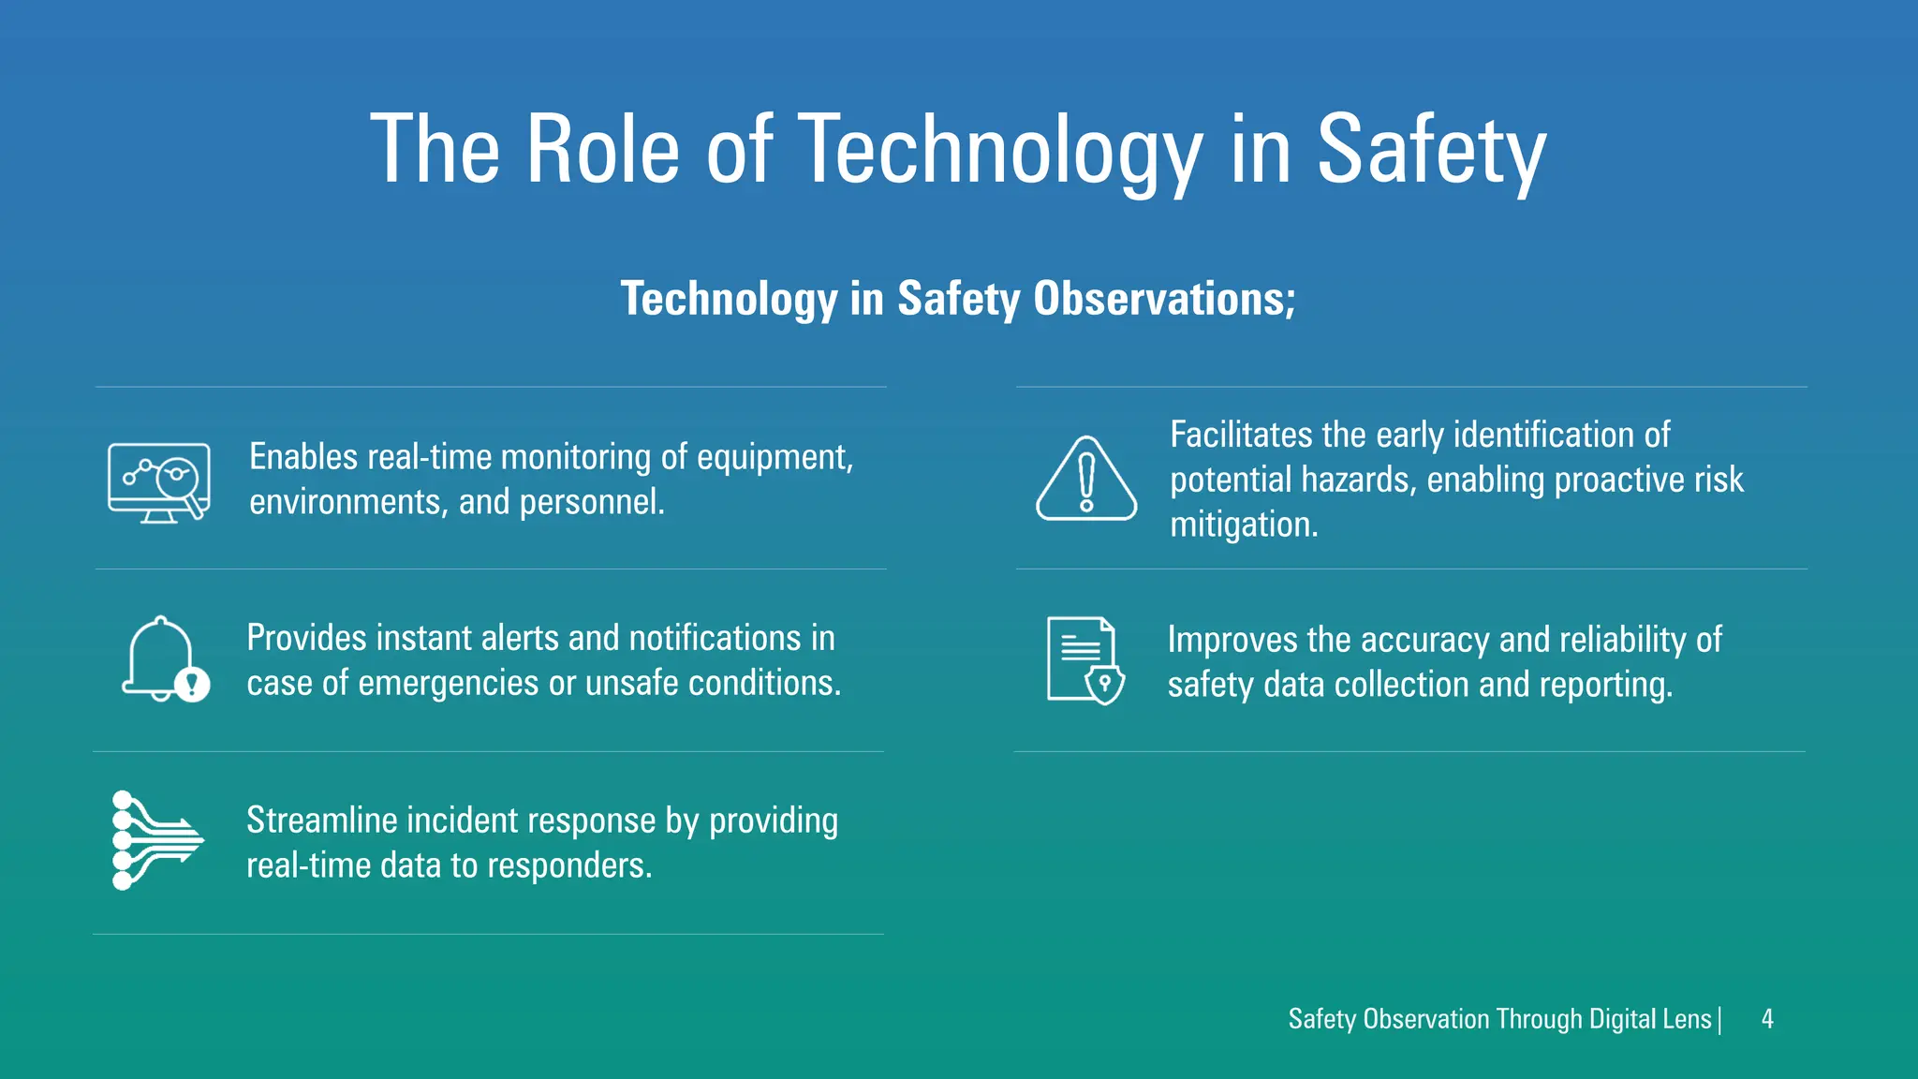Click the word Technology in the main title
pyautogui.click(x=1000, y=150)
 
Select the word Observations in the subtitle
pyautogui.click(x=1164, y=299)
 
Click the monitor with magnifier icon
pyautogui.click(x=159, y=482)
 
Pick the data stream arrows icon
pyautogui.click(x=156, y=840)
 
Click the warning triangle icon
pyautogui.click(x=1086, y=479)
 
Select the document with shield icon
pyautogui.click(x=1084, y=660)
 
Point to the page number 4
pyautogui.click(x=1767, y=1019)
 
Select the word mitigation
pyautogui.click(x=1243, y=525)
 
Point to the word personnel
pyautogui.click(x=591, y=502)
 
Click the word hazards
pyautogui.click(x=1358, y=480)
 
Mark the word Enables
pyautogui.click(x=303, y=457)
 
